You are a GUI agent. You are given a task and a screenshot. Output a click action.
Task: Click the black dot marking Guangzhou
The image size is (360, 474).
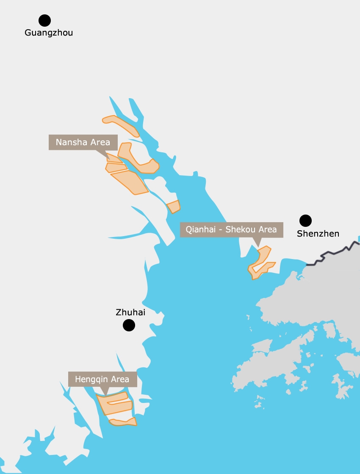(44, 20)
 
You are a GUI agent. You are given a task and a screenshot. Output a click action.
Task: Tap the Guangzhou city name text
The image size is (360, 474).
(49, 33)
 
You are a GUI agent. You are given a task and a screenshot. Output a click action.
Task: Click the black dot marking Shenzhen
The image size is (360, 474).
(305, 220)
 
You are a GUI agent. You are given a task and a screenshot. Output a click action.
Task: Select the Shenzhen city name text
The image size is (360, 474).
(318, 234)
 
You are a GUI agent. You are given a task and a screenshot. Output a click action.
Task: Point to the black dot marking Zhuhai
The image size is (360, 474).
(129, 325)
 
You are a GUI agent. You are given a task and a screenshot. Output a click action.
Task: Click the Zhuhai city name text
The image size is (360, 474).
(130, 313)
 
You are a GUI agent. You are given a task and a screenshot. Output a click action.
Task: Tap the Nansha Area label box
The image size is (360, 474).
(83, 142)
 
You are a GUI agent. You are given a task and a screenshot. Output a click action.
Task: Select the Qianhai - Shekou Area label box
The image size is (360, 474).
(231, 229)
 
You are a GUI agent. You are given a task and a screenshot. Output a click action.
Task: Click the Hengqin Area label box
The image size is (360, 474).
(102, 379)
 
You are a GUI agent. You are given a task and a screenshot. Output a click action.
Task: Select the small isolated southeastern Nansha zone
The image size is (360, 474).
(173, 207)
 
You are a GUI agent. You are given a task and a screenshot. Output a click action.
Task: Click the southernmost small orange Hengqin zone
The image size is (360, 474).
(124, 422)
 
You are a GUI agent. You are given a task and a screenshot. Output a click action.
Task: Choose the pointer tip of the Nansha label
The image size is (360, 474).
(108, 159)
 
